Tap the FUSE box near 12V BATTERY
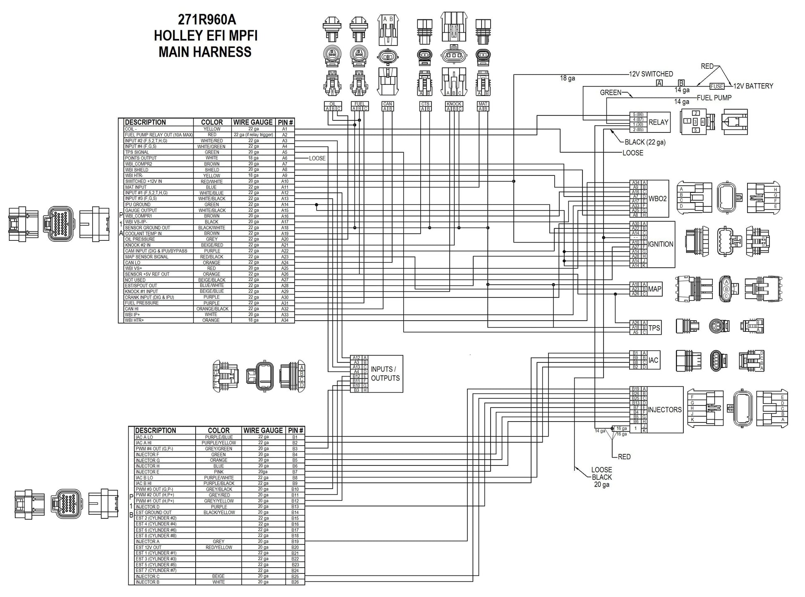[717, 86]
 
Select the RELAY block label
[658, 122]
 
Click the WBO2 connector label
[657, 199]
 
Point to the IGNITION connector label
[661, 244]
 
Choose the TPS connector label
[654, 328]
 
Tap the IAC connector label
[653, 360]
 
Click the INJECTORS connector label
[664, 410]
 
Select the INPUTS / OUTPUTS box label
[385, 374]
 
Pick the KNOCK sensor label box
[454, 104]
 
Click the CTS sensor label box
[425, 104]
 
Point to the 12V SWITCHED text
[651, 74]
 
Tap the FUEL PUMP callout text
[714, 98]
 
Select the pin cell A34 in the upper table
[285, 320]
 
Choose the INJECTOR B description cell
[148, 582]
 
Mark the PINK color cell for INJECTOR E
[218, 472]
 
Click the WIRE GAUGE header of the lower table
[263, 430]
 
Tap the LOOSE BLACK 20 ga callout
[601, 477]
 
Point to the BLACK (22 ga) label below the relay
[644, 142]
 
